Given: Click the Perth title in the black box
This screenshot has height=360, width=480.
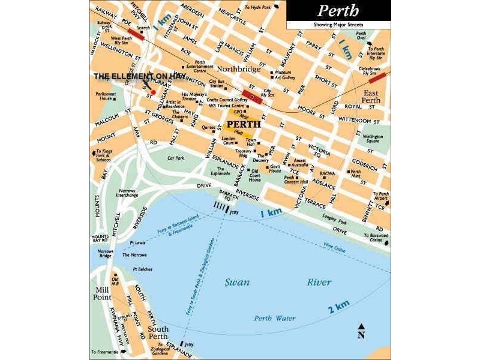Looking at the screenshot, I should coord(338,10).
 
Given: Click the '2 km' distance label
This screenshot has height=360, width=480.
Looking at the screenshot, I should coord(338,308).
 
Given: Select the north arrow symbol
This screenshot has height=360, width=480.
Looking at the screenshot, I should coord(361,331).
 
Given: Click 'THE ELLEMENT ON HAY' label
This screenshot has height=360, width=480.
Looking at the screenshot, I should coord(139,76).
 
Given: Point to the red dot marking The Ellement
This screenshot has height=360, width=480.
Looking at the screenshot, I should coord(153,92).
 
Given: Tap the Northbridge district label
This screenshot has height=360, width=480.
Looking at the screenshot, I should coord(238,69).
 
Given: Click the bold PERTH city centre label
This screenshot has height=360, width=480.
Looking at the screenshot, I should coord(244,124).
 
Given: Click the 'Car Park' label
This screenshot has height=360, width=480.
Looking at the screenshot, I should coord(175,158).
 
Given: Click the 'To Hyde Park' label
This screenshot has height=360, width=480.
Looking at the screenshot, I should coord(257,8).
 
